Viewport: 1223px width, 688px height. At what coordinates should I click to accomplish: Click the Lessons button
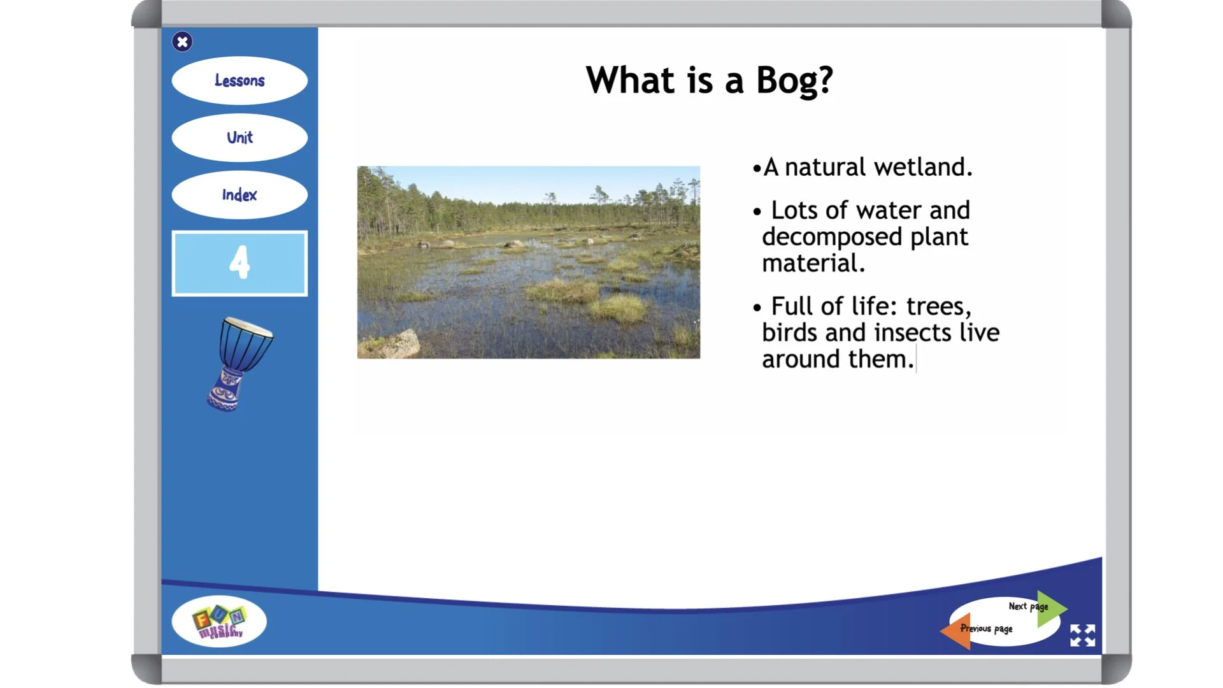pyautogui.click(x=240, y=81)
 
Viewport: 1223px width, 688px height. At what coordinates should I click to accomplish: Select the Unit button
pyautogui.click(x=240, y=138)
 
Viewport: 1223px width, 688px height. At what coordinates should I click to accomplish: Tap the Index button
pyautogui.click(x=240, y=195)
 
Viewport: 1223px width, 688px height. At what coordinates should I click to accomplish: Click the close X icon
pyautogui.click(x=182, y=42)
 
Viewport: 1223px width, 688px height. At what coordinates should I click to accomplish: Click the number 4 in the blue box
pyautogui.click(x=240, y=262)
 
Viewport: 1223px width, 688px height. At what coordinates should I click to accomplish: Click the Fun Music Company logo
pyautogui.click(x=219, y=622)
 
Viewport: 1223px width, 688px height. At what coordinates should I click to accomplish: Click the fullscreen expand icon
pyautogui.click(x=1082, y=635)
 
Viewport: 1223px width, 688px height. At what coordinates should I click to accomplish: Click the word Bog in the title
pyautogui.click(x=794, y=82)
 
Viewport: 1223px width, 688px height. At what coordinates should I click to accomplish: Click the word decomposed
pyautogui.click(x=832, y=238)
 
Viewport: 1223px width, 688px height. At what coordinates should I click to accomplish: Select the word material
pyautogui.click(x=813, y=264)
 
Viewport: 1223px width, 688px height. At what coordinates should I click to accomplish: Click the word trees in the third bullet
pyautogui.click(x=938, y=307)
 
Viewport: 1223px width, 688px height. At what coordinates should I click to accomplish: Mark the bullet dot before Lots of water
pyautogui.click(x=757, y=212)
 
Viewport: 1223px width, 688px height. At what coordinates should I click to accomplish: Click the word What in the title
pyautogui.click(x=630, y=81)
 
